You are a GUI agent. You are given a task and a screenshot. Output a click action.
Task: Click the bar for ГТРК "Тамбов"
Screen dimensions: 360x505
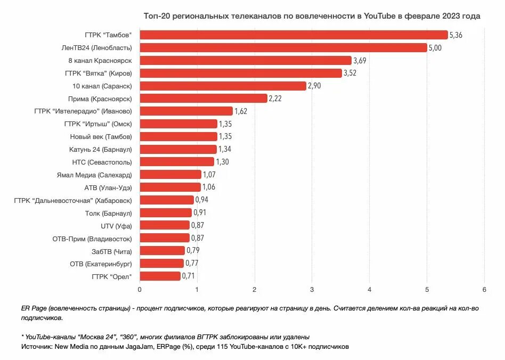[x=294, y=35]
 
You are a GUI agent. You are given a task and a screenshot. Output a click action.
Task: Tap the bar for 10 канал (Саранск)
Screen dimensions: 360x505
[x=223, y=86]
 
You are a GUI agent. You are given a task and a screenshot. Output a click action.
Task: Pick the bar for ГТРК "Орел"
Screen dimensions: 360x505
[x=160, y=276]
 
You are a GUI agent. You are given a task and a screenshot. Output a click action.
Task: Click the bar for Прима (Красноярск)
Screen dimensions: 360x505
[x=203, y=99]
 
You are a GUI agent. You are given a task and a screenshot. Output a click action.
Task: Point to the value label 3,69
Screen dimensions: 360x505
[x=360, y=61]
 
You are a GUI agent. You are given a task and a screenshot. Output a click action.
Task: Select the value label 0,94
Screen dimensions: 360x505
[x=202, y=200]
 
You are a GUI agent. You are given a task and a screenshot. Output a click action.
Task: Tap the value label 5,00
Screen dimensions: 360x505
[x=436, y=48]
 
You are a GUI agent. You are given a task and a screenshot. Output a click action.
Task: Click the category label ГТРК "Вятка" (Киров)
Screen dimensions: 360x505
[x=98, y=73]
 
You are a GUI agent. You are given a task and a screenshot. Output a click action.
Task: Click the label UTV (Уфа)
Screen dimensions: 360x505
[x=116, y=226]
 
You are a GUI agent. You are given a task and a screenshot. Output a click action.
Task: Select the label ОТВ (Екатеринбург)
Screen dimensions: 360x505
[x=101, y=264]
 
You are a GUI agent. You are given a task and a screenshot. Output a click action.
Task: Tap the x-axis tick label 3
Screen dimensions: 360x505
[x=312, y=289]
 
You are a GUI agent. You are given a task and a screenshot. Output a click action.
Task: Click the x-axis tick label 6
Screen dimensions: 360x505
[x=484, y=289]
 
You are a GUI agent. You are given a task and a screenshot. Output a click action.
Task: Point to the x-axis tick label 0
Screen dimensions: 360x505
[x=140, y=289]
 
